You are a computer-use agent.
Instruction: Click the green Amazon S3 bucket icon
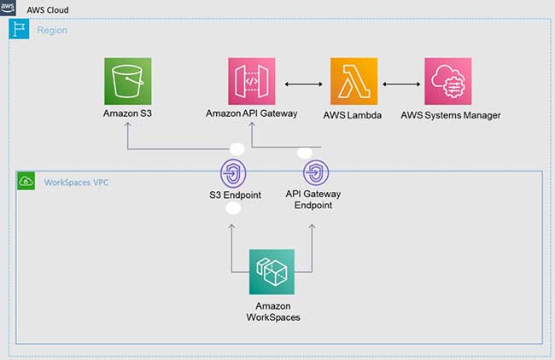click(x=127, y=81)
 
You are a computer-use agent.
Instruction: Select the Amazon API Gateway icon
click(x=252, y=81)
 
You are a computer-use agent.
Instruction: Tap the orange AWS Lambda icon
click(x=353, y=81)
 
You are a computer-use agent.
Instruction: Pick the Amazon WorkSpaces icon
click(x=272, y=272)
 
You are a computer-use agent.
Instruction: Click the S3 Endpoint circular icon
click(x=233, y=173)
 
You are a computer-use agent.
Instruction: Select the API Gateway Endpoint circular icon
click(x=313, y=173)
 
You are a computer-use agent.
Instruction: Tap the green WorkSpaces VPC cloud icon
click(x=26, y=181)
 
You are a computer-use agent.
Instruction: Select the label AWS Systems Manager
click(x=450, y=115)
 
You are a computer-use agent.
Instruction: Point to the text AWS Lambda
click(x=353, y=115)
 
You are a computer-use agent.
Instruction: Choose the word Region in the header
click(x=51, y=30)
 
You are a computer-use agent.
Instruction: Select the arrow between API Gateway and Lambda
click(x=303, y=84)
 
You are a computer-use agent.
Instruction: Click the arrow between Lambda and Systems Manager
click(x=400, y=84)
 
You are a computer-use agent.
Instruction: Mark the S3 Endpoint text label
click(x=233, y=195)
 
